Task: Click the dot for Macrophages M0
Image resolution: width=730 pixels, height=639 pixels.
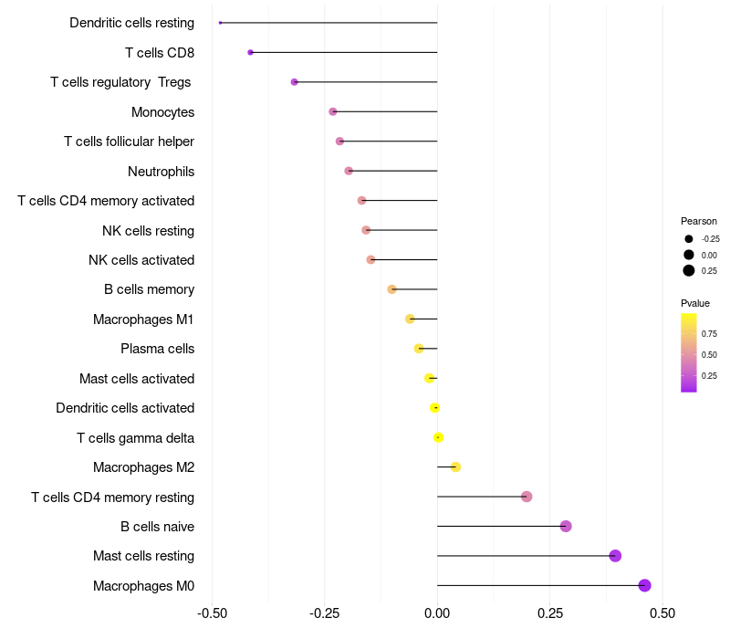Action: click(x=644, y=585)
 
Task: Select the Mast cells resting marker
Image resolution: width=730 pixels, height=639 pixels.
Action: click(x=615, y=556)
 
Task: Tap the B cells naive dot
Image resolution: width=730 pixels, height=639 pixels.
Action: click(x=566, y=526)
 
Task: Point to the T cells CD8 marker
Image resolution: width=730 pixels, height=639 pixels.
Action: click(x=250, y=52)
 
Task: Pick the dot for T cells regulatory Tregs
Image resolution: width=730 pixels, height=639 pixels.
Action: click(x=294, y=82)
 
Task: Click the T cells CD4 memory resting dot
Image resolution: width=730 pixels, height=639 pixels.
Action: click(x=527, y=497)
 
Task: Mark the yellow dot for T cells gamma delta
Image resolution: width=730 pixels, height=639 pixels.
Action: click(x=438, y=437)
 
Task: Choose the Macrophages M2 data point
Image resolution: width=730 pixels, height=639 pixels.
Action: click(x=455, y=466)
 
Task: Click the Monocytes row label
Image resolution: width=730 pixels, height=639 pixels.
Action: click(x=162, y=111)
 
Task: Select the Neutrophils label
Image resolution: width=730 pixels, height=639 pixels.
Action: click(x=161, y=171)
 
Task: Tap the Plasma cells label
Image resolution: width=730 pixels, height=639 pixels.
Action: click(x=157, y=349)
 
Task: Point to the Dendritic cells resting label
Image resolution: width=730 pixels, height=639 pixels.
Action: click(x=131, y=23)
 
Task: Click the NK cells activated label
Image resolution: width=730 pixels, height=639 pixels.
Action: click(x=141, y=260)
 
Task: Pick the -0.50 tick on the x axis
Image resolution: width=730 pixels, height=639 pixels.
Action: click(x=212, y=613)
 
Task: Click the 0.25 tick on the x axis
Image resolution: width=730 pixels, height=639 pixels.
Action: click(x=549, y=613)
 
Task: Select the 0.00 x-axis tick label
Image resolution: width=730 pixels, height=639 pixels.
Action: click(x=437, y=613)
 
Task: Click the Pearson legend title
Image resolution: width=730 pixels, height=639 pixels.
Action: click(x=699, y=221)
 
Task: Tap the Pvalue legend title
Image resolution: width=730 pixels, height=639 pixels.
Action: click(x=695, y=303)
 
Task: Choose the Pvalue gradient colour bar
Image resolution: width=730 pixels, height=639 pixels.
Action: click(x=689, y=352)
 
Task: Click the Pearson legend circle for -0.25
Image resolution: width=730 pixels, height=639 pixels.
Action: click(x=689, y=238)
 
